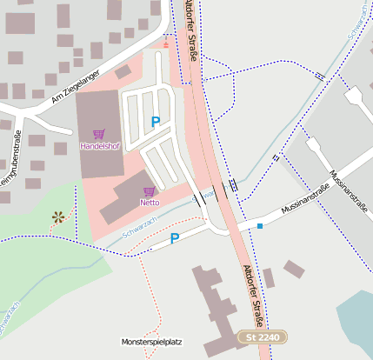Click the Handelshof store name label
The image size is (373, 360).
[99, 146]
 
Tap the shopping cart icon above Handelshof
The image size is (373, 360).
[98, 135]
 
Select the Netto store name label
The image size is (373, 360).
[150, 203]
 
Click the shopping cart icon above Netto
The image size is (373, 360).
[150, 191]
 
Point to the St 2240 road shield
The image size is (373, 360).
[263, 337]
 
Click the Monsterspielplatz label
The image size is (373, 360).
[152, 342]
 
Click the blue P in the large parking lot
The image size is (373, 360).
[156, 123]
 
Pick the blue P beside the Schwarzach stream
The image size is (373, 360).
[175, 238]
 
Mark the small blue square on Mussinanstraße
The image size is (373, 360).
[259, 226]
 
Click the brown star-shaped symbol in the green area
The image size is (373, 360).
[58, 217]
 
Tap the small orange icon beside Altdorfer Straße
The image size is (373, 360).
[167, 43]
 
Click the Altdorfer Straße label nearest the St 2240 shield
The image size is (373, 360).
[253, 295]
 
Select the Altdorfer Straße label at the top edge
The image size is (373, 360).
[191, 30]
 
